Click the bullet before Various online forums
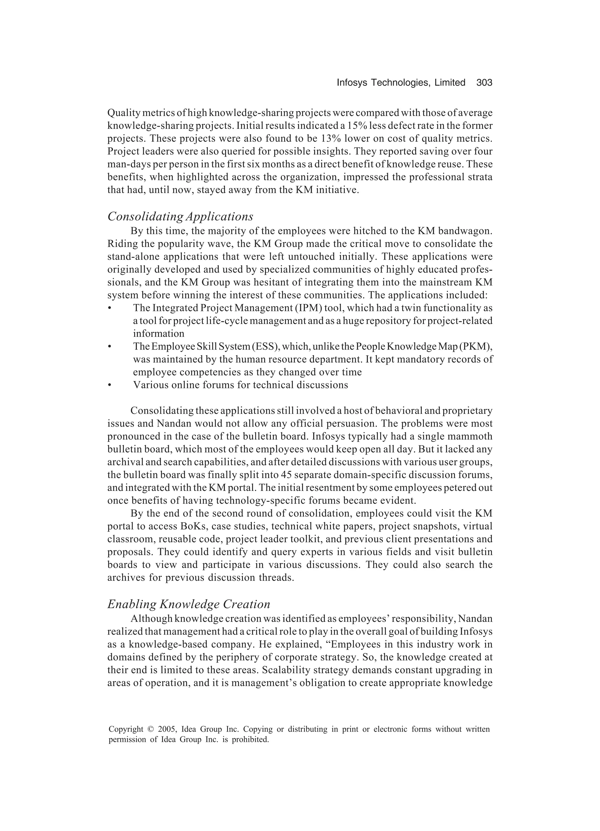[x=109, y=385]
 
